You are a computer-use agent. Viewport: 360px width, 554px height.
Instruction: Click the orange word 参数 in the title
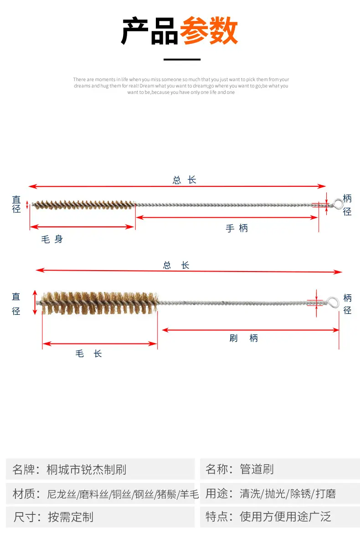[209, 31]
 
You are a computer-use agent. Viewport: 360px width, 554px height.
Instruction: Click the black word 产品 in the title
[149, 31]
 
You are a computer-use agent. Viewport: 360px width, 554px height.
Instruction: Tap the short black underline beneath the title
[182, 59]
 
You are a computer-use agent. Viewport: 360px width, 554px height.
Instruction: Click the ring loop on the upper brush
[338, 204]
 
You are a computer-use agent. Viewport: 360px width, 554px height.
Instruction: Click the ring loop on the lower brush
[333, 303]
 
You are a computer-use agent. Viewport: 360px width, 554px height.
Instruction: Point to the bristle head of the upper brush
[84, 205]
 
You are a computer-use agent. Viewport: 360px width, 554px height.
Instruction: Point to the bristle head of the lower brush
[99, 303]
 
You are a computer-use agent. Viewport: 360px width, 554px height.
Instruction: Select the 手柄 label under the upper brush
[237, 228]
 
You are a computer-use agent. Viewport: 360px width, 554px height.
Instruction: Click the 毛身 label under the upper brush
[52, 239]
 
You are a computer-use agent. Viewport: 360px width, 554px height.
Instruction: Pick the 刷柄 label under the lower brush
[243, 338]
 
